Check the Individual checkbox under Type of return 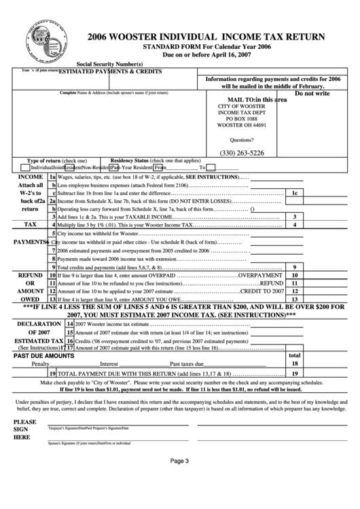coord(25,167)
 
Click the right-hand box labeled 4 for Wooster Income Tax coord(294,224)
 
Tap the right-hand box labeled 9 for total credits coord(294,267)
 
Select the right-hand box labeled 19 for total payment coord(294,374)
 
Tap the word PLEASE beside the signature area coord(24,421)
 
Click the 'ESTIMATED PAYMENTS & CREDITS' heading coord(109,71)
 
